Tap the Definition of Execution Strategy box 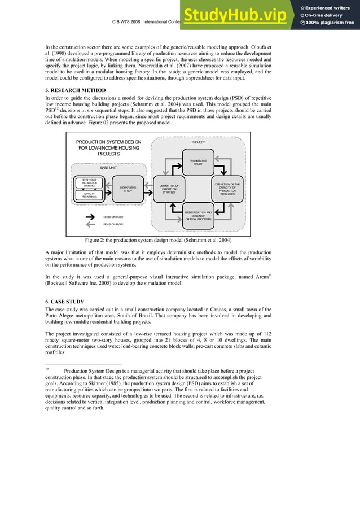169,189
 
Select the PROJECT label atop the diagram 198,142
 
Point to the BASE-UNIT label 109,168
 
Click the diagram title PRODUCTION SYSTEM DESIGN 108,142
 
